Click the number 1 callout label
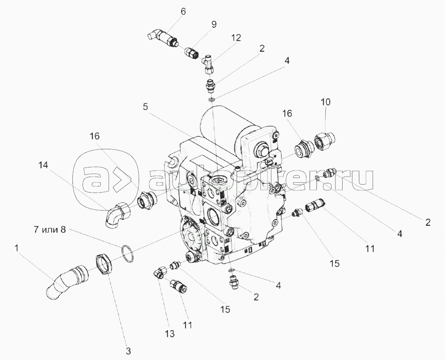point(16,249)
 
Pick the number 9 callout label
point(214,25)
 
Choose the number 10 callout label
point(325,102)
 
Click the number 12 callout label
point(236,38)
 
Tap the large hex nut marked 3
point(106,265)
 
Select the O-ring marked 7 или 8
point(127,254)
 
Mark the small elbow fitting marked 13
point(158,273)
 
